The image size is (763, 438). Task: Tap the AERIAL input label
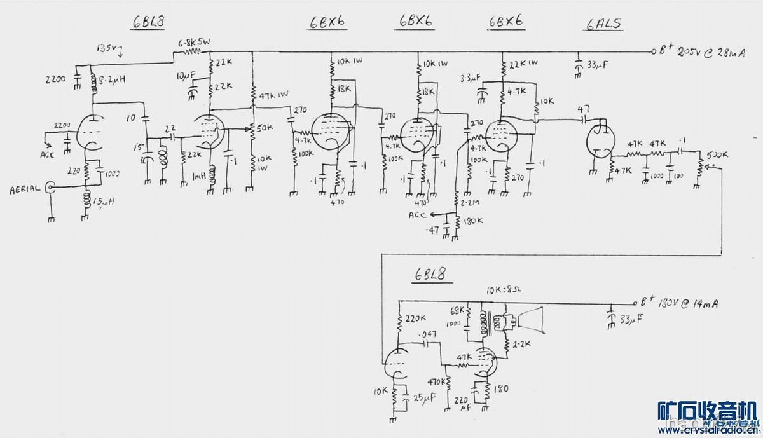[25, 189]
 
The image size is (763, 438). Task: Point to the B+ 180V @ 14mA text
[680, 304]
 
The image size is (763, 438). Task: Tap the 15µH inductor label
[104, 202]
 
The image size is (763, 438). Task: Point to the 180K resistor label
[473, 221]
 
